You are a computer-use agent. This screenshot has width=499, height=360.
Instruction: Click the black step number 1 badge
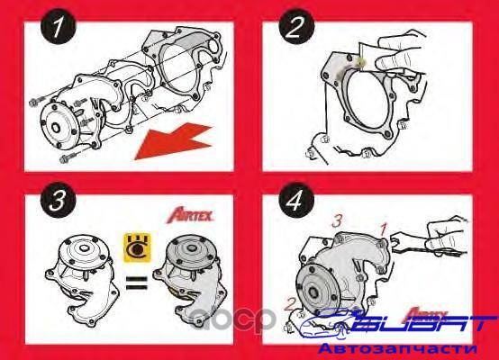tap(59, 27)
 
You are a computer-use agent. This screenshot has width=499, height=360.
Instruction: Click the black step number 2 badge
tap(296, 26)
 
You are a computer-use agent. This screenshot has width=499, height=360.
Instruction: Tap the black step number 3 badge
tap(59, 200)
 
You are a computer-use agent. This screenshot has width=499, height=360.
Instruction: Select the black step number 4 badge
tap(296, 201)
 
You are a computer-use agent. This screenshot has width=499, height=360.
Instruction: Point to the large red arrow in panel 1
tap(174, 141)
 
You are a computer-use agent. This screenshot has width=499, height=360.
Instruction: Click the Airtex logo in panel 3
tap(190, 216)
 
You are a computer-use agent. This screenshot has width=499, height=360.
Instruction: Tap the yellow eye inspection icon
tap(137, 247)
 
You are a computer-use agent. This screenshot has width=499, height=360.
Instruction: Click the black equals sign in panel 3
tap(137, 283)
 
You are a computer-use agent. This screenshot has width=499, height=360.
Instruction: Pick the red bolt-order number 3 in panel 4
tap(337, 220)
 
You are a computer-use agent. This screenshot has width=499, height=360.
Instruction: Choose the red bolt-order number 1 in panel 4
tap(384, 229)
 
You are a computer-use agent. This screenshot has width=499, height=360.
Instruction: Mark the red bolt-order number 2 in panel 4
tap(289, 304)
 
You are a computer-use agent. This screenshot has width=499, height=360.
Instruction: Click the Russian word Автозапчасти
tap(397, 349)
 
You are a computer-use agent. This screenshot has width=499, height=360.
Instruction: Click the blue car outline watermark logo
tap(330, 323)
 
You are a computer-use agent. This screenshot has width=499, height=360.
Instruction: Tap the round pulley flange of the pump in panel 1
tap(59, 127)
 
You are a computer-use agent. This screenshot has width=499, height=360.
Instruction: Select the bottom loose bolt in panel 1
tap(68, 157)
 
